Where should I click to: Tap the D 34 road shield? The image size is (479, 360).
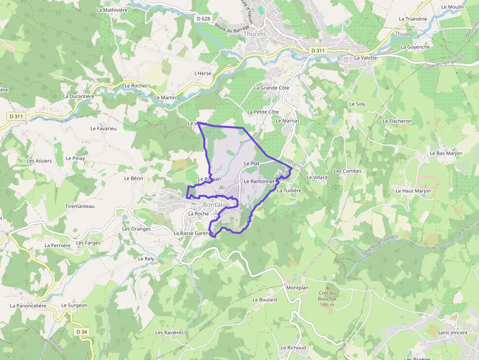click(82, 332)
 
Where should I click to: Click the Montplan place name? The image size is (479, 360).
click(298, 288)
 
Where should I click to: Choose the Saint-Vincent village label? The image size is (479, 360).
click(452, 333)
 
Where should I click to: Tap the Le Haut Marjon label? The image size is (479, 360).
click(414, 191)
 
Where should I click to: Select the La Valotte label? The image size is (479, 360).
click(366, 58)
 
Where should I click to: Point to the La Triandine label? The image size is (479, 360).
click(413, 19)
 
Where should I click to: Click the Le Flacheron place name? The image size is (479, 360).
click(397, 121)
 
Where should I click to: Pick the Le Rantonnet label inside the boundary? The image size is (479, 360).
click(259, 181)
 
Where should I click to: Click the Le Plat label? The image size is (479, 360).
click(251, 163)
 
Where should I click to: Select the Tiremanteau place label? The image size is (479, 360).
click(80, 206)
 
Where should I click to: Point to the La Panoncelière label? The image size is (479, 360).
click(28, 306)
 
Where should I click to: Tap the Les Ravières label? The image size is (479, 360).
click(169, 333)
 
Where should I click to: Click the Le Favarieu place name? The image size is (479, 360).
click(104, 128)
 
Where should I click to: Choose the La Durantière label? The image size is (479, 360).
click(78, 96)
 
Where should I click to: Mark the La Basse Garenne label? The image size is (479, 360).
click(194, 233)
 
